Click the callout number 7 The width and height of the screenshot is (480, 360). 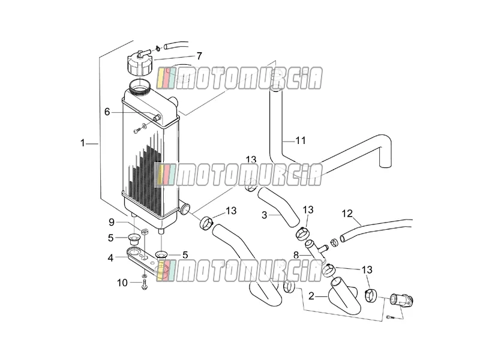[199, 56]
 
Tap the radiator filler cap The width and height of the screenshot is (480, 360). [139, 62]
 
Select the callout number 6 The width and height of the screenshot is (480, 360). [107, 112]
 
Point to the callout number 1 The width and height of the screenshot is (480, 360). [82, 143]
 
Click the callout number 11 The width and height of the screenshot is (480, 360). [301, 140]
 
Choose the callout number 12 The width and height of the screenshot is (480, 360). [347, 214]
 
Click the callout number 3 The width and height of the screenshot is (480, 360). [265, 215]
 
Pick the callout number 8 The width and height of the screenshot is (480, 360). [296, 255]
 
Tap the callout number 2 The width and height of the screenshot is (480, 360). [311, 296]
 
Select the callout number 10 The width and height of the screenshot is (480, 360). [122, 283]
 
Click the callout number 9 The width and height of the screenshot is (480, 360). [112, 222]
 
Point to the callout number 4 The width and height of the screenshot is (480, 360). [110, 258]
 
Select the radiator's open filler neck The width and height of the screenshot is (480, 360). [140, 85]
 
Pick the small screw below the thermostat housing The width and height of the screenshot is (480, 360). [390, 317]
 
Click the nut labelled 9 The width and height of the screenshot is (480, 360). [145, 232]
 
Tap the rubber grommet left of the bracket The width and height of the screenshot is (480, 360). [133, 238]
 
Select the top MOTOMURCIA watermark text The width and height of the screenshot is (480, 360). [239, 78]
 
